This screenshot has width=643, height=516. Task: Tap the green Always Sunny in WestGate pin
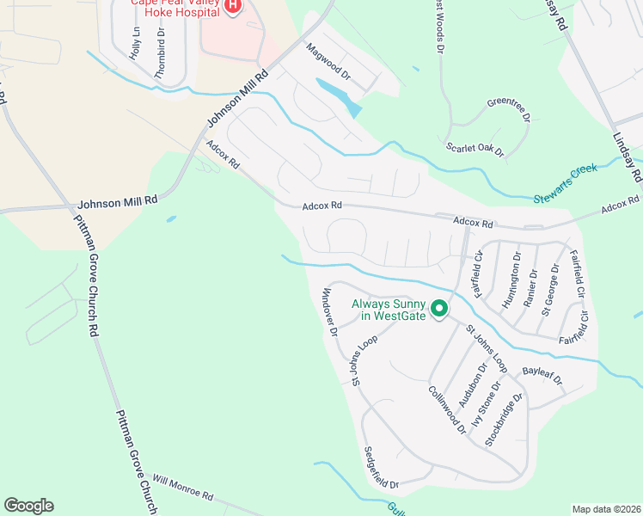coord(440,308)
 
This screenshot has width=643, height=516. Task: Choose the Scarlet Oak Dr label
coord(475,149)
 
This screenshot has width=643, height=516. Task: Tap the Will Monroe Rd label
coord(182,487)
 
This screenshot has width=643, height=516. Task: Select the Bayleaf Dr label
coord(542,375)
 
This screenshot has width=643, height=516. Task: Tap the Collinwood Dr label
coord(446,408)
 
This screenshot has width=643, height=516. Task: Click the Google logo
coord(28,506)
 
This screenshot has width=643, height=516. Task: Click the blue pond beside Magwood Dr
coord(340,96)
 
